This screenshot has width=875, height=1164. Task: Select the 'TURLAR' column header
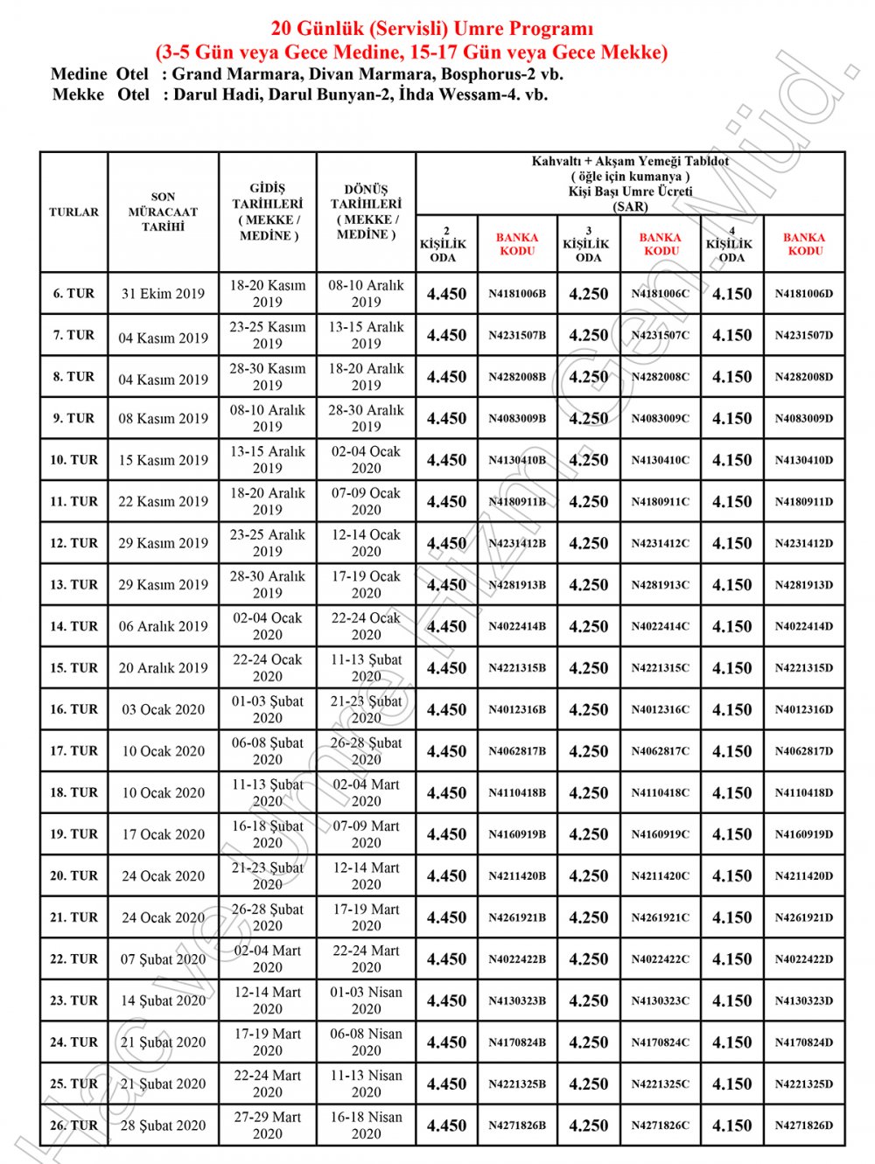pyautogui.click(x=74, y=212)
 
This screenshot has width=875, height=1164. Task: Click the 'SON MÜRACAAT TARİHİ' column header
pyautogui.click(x=164, y=212)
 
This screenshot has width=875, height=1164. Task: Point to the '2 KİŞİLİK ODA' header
pyautogui.click(x=446, y=244)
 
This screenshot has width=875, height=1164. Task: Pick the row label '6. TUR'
pyautogui.click(x=74, y=294)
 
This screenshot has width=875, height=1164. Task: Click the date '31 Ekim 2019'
pyautogui.click(x=164, y=294)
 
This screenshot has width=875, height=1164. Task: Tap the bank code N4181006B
pyautogui.click(x=517, y=294)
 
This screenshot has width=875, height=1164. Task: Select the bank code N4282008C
pyautogui.click(x=661, y=377)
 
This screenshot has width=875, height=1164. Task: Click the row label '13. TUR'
pyautogui.click(x=74, y=585)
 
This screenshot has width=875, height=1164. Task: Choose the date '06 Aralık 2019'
pyautogui.click(x=164, y=626)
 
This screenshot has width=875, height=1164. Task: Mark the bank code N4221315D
pyautogui.click(x=804, y=668)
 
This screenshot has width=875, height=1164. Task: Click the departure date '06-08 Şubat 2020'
pyautogui.click(x=268, y=751)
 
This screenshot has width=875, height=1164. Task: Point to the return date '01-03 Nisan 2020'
pyautogui.click(x=367, y=1000)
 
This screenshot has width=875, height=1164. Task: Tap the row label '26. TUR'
pyautogui.click(x=74, y=1126)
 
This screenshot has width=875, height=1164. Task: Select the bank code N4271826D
pyautogui.click(x=804, y=1126)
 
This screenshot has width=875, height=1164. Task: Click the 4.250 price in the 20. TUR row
pyautogui.click(x=589, y=875)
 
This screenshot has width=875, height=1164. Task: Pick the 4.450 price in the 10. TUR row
pyautogui.click(x=446, y=460)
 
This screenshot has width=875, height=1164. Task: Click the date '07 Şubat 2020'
pyautogui.click(x=164, y=959)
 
